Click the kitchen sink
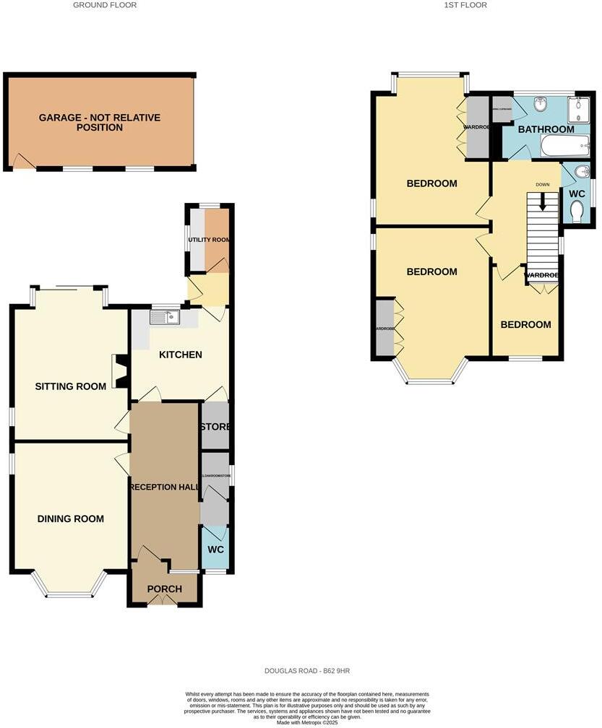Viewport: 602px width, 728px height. coord(165,316)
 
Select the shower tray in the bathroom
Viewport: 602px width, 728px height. coord(578,109)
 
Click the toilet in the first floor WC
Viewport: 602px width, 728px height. coord(577,210)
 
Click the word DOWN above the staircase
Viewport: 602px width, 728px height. coord(543,184)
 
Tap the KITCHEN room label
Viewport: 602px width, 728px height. coord(180,355)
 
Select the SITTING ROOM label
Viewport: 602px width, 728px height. coord(71,386)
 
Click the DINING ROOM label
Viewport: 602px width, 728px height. coord(71,519)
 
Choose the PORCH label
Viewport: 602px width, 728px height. coord(164,589)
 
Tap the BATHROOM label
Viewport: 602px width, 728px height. coord(546,129)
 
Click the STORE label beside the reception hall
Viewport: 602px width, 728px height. coord(215,427)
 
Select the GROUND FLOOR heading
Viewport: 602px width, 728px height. coord(105,5)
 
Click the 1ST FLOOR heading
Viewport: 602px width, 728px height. coord(465,5)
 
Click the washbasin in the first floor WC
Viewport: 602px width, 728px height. coord(583,172)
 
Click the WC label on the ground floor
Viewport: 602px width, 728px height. coord(215,550)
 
